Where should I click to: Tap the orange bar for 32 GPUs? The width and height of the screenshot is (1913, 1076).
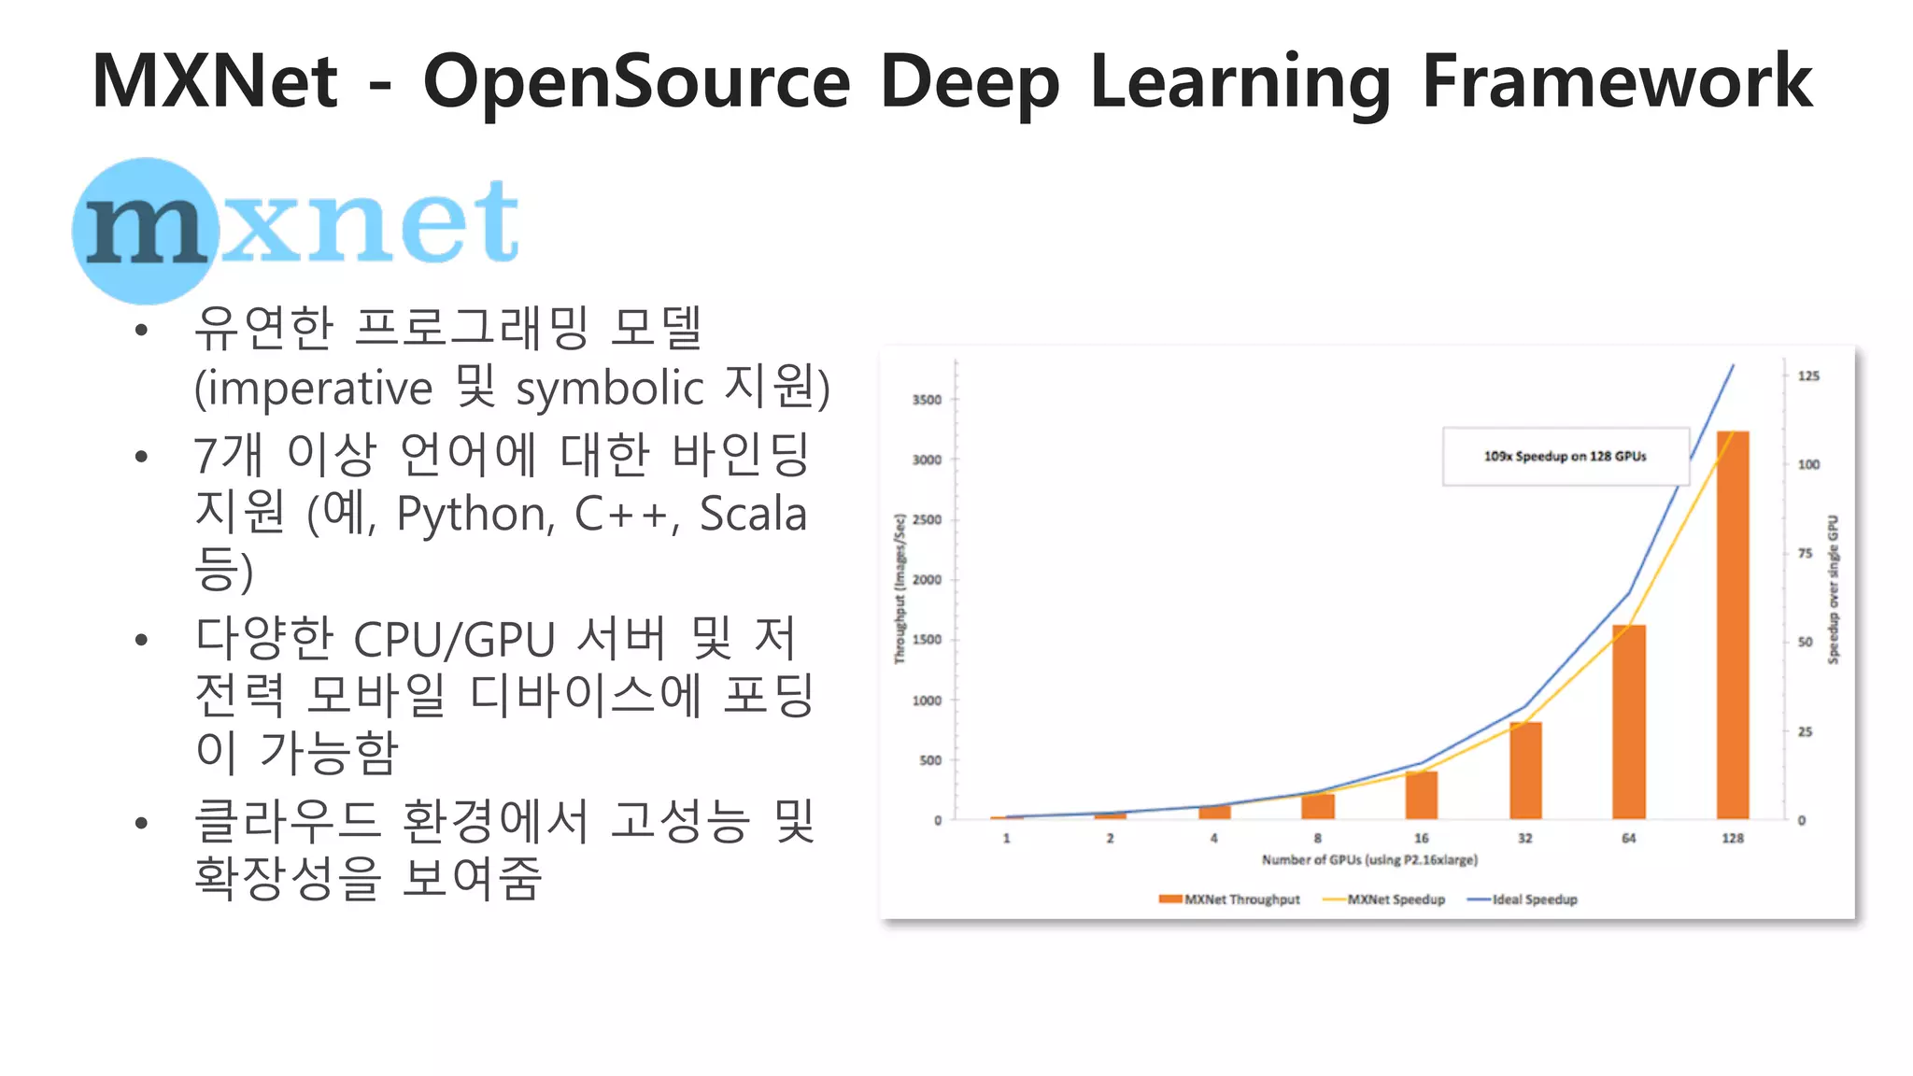pos(1525,770)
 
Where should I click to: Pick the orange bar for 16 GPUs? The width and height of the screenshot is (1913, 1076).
pos(1422,795)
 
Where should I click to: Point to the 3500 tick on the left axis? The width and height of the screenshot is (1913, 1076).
pos(927,400)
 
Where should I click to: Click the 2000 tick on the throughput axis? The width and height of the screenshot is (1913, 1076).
pos(927,580)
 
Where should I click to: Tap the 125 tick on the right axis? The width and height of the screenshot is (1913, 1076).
pos(1808,376)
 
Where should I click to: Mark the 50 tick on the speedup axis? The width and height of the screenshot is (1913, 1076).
pos(1805,643)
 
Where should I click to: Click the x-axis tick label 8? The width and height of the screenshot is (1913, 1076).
pos(1318,839)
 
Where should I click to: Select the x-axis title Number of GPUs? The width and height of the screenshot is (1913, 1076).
pos(1369,860)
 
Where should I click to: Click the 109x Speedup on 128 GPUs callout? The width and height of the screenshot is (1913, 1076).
pos(1566,457)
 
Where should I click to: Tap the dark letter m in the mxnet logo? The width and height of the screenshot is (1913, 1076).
pos(145,230)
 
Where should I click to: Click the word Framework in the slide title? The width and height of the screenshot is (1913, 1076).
pos(1617,82)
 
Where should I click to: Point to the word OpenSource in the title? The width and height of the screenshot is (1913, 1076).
pos(637,82)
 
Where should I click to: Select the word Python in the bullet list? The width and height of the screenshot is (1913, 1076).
pos(475,514)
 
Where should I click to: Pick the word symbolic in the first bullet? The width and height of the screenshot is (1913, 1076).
pos(609,389)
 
